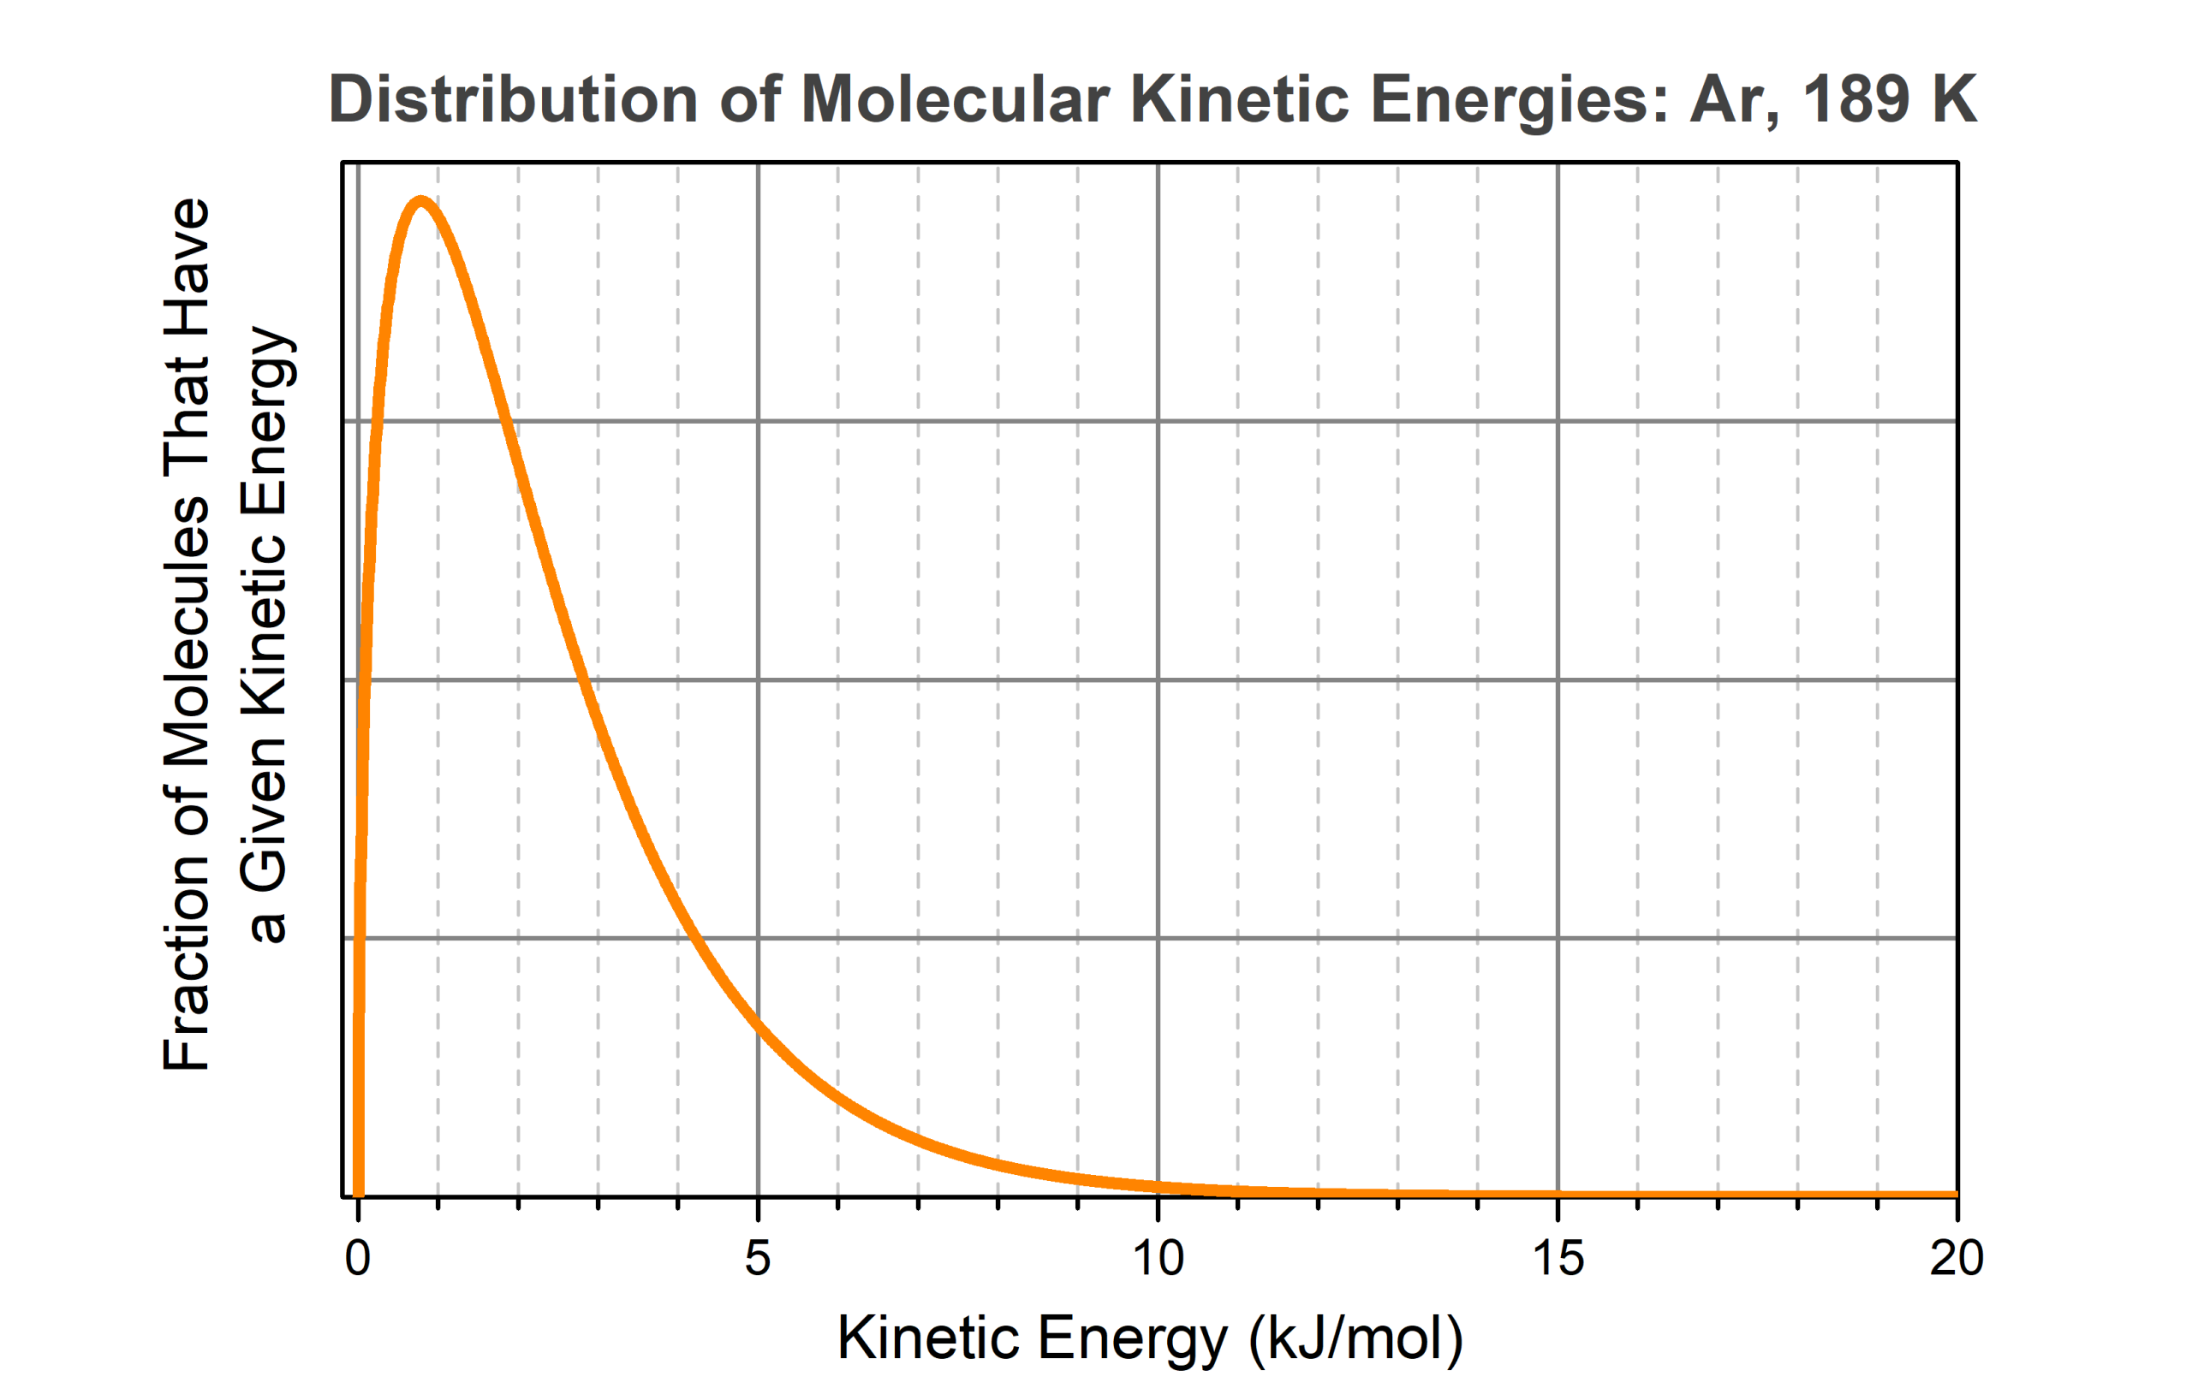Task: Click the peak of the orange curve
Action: pyautogui.click(x=420, y=200)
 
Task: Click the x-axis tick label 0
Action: pyautogui.click(x=358, y=1260)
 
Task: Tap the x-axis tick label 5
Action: pyautogui.click(x=758, y=1260)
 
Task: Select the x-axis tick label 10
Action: pyautogui.click(x=1157, y=1260)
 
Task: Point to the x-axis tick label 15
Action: pyautogui.click(x=1558, y=1260)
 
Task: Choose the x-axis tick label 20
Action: pyautogui.click(x=1957, y=1260)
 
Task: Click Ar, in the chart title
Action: pyautogui.click(x=1734, y=100)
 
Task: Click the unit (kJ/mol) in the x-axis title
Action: pyautogui.click(x=1355, y=1340)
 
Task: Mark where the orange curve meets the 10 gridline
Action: pyautogui.click(x=1158, y=1186)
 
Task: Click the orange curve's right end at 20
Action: pyautogui.click(x=1955, y=1194)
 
